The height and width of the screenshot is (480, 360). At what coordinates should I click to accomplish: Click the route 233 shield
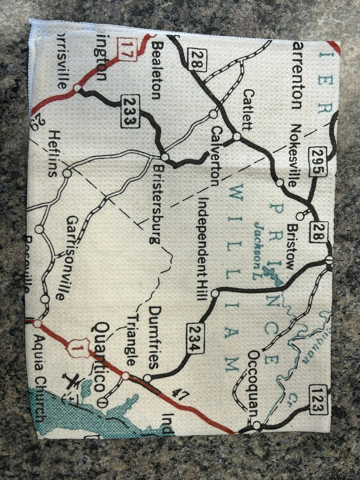[x=129, y=110]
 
